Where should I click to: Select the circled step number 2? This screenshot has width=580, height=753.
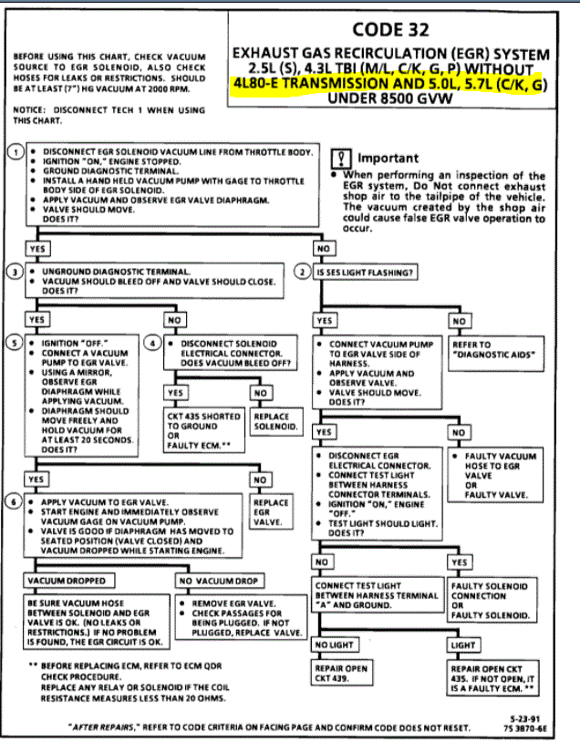(x=304, y=272)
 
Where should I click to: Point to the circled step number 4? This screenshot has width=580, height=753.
(x=154, y=344)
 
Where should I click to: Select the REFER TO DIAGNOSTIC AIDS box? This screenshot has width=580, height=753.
(x=494, y=349)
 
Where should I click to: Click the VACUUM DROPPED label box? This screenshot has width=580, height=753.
(x=65, y=580)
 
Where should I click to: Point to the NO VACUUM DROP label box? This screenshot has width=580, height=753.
(x=218, y=580)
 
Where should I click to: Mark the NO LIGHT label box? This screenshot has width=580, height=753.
(x=336, y=645)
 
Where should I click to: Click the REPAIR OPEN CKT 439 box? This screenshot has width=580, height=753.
(x=343, y=674)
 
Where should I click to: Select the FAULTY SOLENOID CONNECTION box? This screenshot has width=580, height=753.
(x=492, y=601)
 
